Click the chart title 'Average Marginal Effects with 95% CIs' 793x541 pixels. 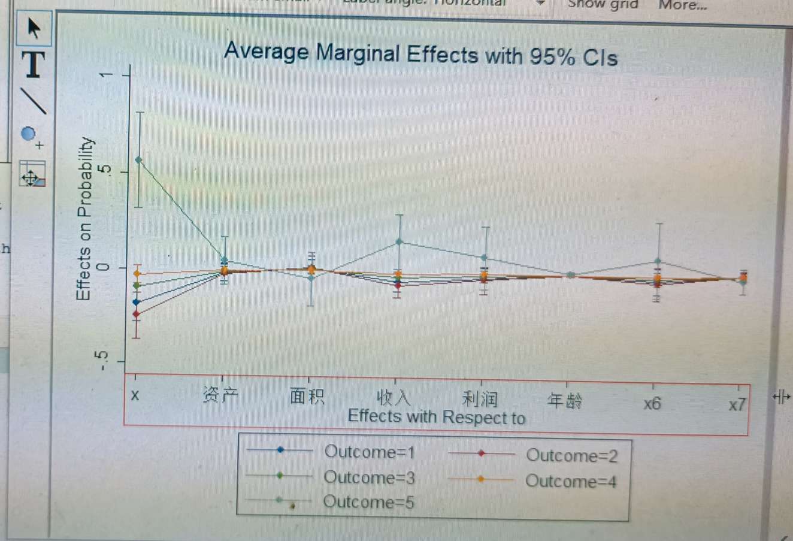420,55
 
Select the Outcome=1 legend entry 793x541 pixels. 369,452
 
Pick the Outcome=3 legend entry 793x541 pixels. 369,477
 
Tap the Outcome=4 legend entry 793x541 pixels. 571,481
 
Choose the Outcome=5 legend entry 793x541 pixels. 368,502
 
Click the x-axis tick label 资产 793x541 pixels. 220,395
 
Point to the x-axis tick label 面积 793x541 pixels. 307,396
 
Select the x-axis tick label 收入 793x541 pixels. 394,398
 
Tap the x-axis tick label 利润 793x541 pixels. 480,399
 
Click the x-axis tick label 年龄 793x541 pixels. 565,401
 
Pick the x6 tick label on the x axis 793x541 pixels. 652,403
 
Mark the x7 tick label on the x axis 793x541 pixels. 737,405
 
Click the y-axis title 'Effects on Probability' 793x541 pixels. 84,219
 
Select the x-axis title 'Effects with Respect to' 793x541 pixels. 436,417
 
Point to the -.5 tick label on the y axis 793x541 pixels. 102,361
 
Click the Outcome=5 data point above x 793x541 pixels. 139,160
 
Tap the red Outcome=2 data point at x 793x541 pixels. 136,314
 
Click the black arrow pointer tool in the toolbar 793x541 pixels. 34,28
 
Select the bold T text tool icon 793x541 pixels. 34,64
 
